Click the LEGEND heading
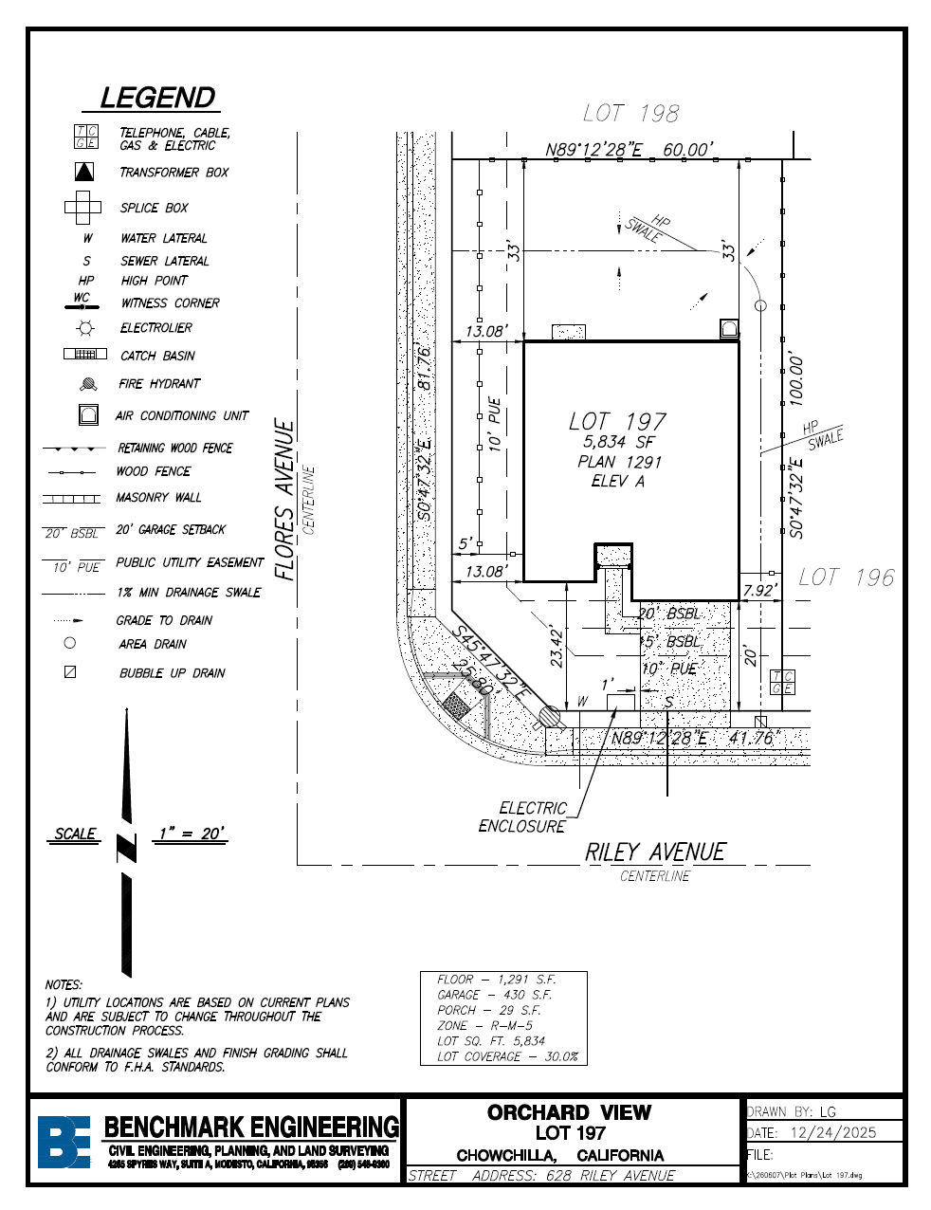click(158, 98)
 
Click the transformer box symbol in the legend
click(85, 172)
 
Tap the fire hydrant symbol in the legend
click(88, 384)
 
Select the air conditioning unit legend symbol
click(89, 414)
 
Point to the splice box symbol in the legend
click(83, 206)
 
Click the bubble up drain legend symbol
click(70, 672)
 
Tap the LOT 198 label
click(631, 114)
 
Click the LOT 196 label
click(846, 577)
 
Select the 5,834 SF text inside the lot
click(619, 442)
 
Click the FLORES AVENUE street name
click(284, 500)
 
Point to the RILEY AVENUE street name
click(655, 852)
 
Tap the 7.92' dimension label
click(759, 591)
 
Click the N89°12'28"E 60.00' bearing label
click(629, 150)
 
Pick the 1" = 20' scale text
click(192, 834)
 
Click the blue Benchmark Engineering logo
click(64, 1141)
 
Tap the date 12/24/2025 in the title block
click(832, 1132)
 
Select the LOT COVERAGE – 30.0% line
click(507, 1056)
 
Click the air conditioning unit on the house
click(729, 329)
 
